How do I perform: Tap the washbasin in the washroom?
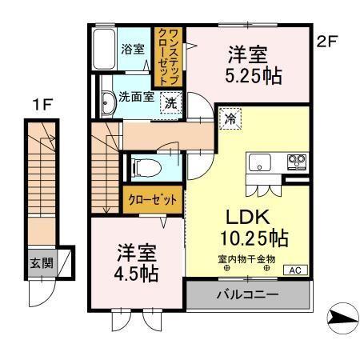click(x=107, y=100)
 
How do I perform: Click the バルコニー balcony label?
click(x=247, y=295)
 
